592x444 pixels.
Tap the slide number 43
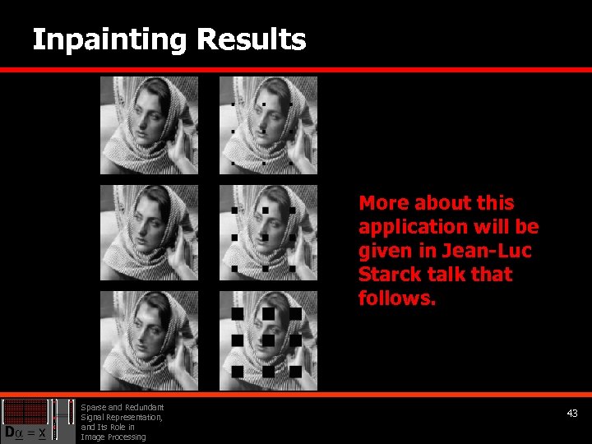click(572, 414)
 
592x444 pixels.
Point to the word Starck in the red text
click(391, 275)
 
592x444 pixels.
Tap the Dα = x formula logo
click(26, 421)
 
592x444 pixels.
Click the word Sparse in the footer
click(92, 407)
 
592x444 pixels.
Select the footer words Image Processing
click(113, 437)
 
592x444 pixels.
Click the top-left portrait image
click(149, 125)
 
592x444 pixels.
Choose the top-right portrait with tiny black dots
click(268, 125)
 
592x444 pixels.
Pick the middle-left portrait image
click(149, 233)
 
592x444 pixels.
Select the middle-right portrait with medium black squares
click(268, 233)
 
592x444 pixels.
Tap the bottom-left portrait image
click(149, 340)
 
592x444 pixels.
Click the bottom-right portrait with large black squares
click(268, 340)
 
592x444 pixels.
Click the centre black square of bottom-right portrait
click(268, 340)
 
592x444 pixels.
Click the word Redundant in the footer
click(145, 407)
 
